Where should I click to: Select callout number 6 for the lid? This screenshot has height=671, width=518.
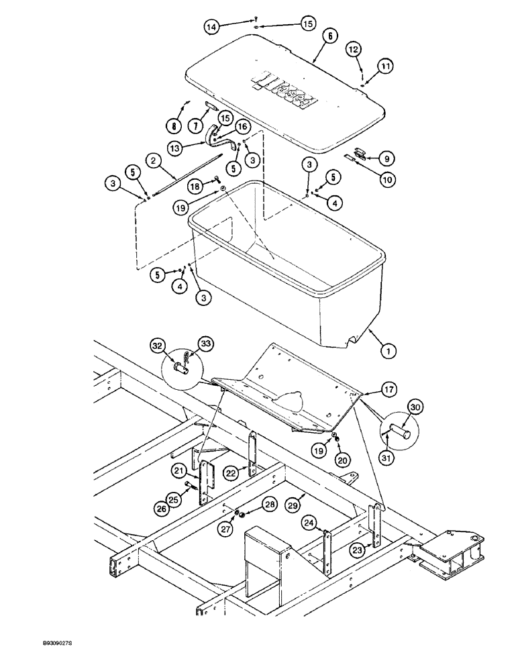click(331, 38)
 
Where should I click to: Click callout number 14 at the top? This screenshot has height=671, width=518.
click(211, 27)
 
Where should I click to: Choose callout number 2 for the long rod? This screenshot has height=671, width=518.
click(154, 161)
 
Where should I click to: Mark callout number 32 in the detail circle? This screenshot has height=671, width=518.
click(157, 346)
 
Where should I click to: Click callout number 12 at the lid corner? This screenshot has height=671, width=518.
click(354, 50)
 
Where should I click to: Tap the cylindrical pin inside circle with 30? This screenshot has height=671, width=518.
click(404, 429)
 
